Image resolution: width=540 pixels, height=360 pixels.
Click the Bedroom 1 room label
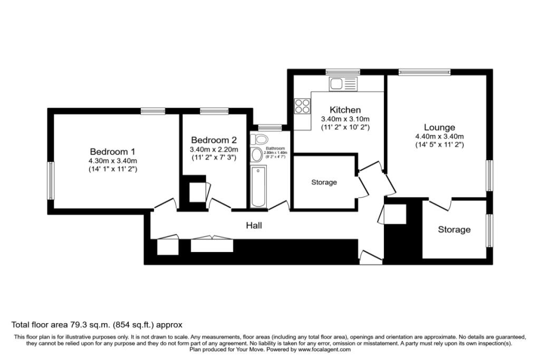[x=113, y=151]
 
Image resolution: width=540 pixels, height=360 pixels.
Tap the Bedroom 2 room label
[x=214, y=140]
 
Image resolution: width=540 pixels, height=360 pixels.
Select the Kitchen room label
[x=345, y=110]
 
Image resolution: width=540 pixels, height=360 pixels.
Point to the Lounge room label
[x=439, y=128]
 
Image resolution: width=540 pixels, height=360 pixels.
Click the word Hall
[x=254, y=226]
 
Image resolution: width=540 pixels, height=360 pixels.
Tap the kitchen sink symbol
[x=343, y=83]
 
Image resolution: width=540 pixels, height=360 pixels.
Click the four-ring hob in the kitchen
[x=303, y=106]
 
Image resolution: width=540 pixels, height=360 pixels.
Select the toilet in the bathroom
[x=258, y=139]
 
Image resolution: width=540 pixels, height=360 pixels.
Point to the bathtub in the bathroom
[x=259, y=187]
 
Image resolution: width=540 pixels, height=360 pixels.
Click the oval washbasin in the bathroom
[x=257, y=155]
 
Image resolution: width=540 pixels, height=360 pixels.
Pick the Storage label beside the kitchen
[x=324, y=182]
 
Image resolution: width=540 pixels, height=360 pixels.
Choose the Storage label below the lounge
[x=454, y=230]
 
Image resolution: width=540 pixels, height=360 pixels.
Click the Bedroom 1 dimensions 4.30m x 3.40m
[x=113, y=161]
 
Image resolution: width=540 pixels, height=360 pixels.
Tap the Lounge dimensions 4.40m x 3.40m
[x=439, y=137]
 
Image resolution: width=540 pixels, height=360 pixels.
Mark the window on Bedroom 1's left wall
[x=51, y=181]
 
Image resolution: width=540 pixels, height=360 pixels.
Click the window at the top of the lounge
[x=425, y=72]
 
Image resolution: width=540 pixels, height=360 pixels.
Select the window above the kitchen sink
[x=343, y=72]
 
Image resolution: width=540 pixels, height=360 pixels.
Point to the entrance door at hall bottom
[x=370, y=258]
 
